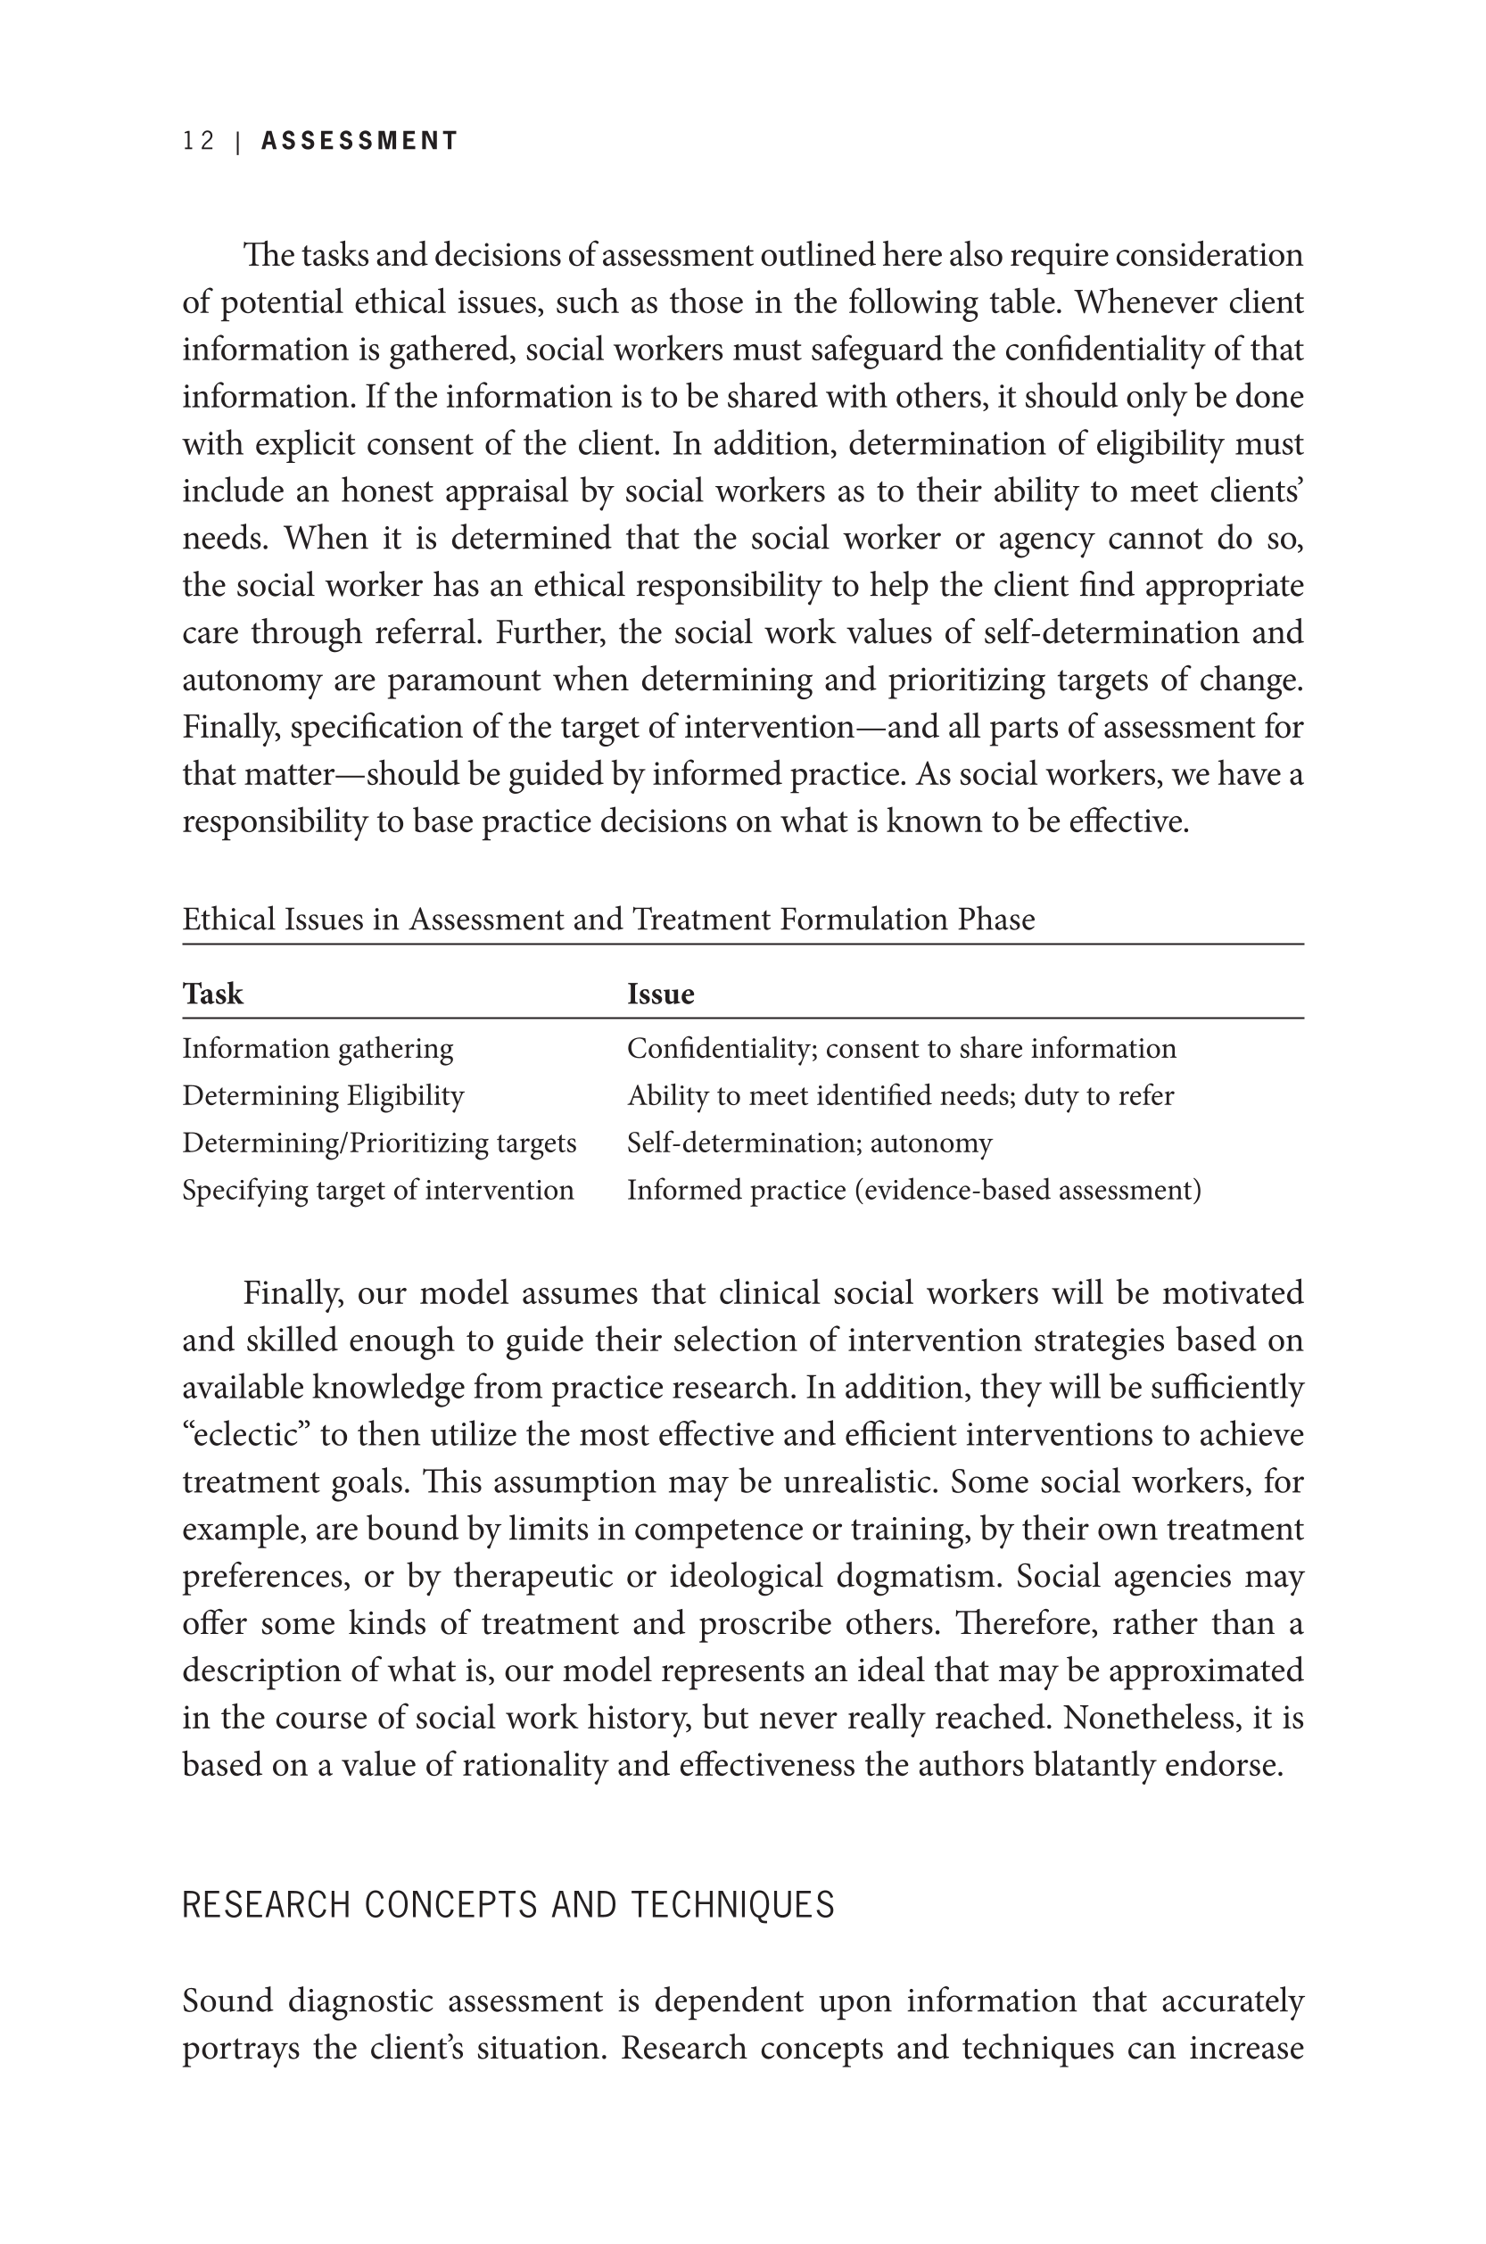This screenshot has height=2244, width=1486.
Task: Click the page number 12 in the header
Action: (x=199, y=141)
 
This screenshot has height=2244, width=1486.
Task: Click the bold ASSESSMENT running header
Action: (x=359, y=141)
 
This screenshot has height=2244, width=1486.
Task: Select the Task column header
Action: (x=212, y=994)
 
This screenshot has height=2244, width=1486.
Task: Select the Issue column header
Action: (x=661, y=994)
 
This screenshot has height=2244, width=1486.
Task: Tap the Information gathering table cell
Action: (x=318, y=1048)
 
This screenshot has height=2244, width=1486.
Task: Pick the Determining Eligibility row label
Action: (x=323, y=1095)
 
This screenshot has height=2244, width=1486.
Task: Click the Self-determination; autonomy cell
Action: (x=809, y=1143)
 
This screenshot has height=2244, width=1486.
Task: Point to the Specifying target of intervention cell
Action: (x=378, y=1189)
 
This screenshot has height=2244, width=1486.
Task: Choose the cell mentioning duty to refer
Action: (x=900, y=1095)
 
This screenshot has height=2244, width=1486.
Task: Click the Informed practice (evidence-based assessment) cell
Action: (x=913, y=1189)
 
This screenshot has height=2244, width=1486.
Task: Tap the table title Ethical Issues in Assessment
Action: (x=608, y=920)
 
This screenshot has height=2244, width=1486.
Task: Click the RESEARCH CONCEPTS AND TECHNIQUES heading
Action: (x=508, y=1905)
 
